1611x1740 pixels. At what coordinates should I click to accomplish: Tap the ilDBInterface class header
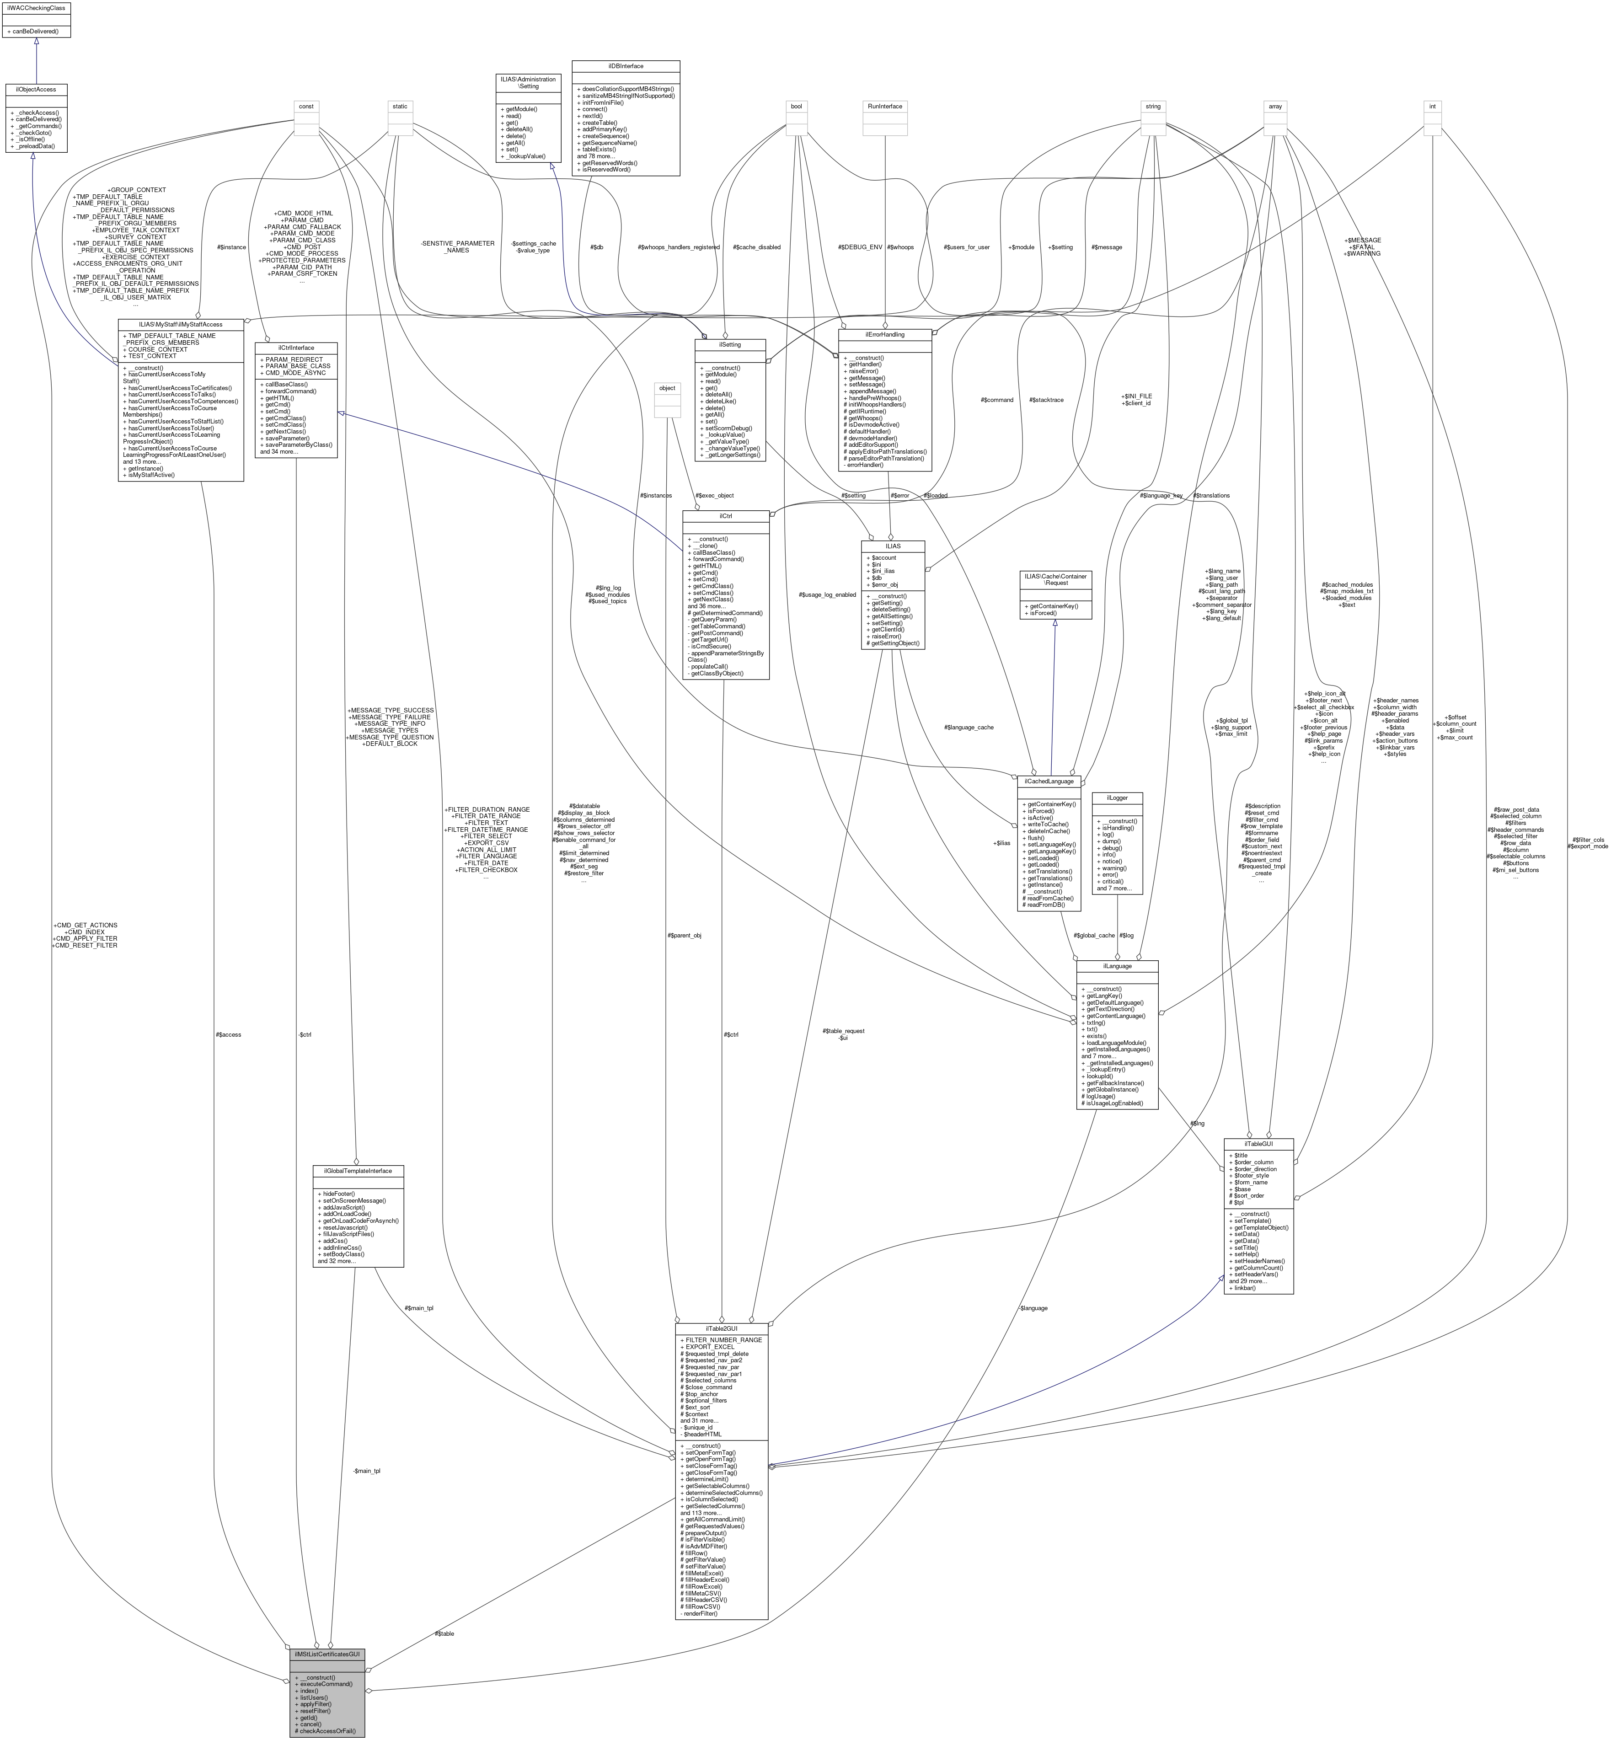click(x=625, y=66)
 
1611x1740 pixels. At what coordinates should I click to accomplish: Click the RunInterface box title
click(x=885, y=107)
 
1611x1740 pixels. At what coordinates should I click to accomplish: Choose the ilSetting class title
click(x=730, y=344)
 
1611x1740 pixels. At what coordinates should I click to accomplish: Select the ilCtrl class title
click(x=725, y=516)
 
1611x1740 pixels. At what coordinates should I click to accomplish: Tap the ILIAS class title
click(x=893, y=546)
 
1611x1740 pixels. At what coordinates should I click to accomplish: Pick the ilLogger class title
click(x=1117, y=798)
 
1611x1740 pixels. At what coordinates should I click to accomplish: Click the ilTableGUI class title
click(x=1258, y=1144)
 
